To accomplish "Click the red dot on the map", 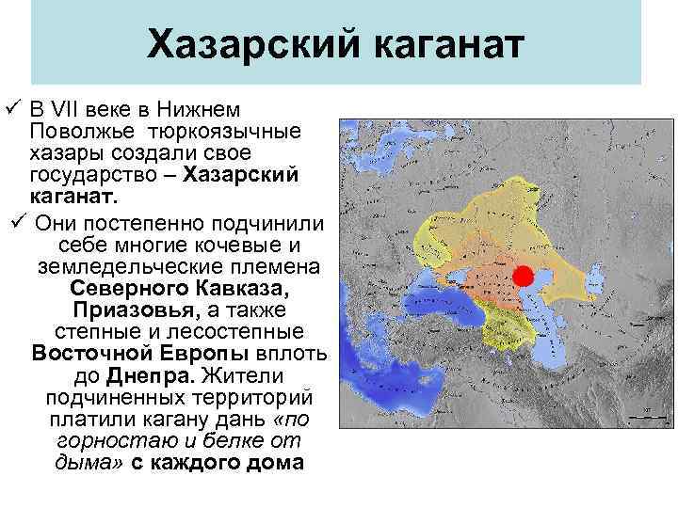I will click(523, 276).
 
